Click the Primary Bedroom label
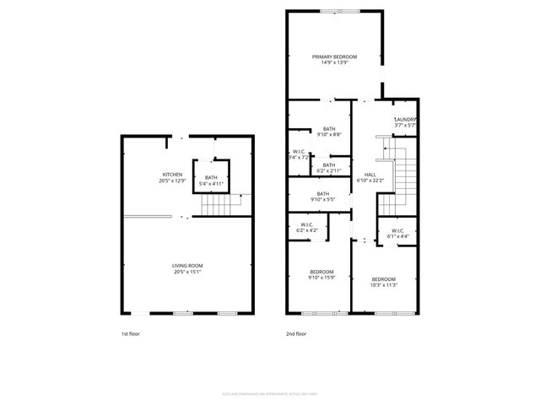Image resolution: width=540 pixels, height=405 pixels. tap(334, 57)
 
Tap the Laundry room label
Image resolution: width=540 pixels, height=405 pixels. tap(405, 120)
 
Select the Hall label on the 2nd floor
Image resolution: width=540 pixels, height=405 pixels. tap(370, 175)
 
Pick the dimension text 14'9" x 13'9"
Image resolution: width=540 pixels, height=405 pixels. tap(334, 63)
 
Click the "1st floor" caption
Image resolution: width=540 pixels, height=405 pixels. tap(129, 334)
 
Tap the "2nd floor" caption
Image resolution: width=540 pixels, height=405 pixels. tap(295, 334)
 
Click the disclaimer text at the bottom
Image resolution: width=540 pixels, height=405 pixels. tap(269, 392)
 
